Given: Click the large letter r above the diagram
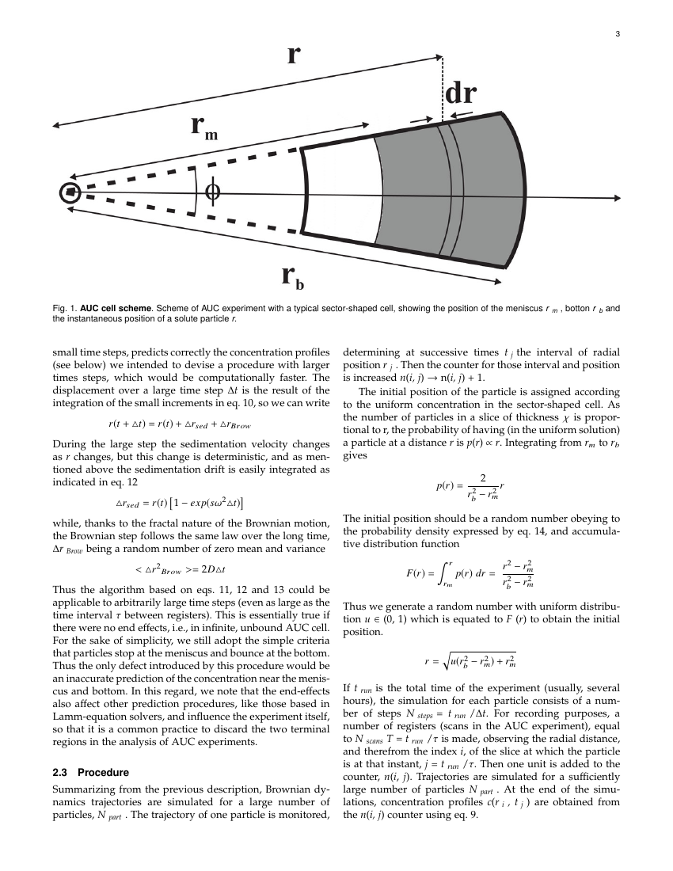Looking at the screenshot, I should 293,55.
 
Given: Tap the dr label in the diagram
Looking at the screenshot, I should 460,94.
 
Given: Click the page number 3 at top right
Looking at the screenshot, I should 617,34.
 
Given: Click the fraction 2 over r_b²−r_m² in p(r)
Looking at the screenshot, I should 477,485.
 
